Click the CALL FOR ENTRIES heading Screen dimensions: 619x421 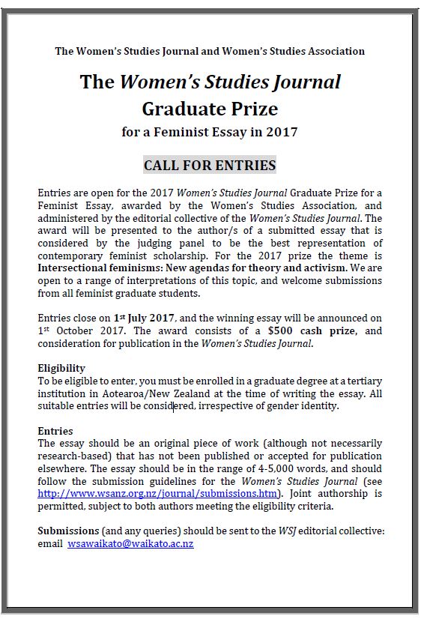(210, 165)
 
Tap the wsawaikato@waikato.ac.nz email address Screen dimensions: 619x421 (130, 543)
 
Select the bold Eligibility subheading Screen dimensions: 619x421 (61, 368)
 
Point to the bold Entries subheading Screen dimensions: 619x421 (55, 431)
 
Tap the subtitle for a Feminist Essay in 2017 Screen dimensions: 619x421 (210, 133)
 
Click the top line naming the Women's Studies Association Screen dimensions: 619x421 (210, 51)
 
